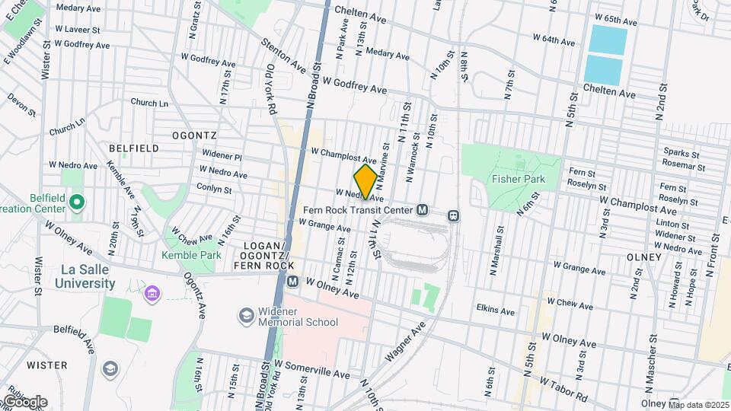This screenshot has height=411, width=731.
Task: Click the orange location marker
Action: [x=365, y=181]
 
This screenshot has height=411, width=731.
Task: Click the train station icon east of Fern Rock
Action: [x=454, y=215]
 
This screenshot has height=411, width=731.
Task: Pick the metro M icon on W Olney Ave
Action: [x=292, y=282]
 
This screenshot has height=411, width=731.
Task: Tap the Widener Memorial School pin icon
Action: [x=246, y=315]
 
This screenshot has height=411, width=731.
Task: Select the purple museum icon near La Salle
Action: [x=152, y=293]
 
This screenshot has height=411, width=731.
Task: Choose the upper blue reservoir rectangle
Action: [x=608, y=38]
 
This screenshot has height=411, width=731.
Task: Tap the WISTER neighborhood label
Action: [x=47, y=365]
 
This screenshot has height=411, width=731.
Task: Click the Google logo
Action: [x=24, y=401]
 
